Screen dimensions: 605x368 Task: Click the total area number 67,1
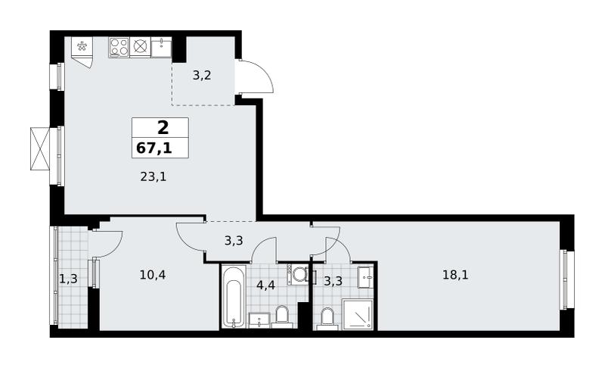click(154, 148)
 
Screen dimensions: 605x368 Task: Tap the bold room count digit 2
click(163, 127)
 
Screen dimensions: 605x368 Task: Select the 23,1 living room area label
click(154, 177)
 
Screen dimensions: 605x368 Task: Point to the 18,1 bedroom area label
click(455, 275)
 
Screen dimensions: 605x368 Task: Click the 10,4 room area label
click(153, 275)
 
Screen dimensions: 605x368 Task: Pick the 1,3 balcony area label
click(69, 279)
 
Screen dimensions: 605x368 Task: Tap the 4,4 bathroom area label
click(266, 285)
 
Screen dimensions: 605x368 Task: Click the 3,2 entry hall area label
click(202, 75)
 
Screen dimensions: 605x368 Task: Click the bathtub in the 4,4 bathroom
click(234, 296)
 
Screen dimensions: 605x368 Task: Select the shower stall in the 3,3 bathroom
click(358, 314)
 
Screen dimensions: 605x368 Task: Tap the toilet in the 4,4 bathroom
click(281, 317)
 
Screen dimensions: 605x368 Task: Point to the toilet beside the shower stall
click(327, 318)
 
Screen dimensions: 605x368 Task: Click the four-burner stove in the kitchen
click(119, 47)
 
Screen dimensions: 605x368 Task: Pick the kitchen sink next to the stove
click(161, 47)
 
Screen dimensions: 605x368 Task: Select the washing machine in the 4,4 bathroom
click(298, 275)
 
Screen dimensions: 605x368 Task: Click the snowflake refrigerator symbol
click(82, 47)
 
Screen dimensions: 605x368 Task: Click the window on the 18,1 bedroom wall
click(567, 279)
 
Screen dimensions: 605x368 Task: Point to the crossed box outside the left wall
click(40, 148)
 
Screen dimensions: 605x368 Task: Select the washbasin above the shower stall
click(365, 277)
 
